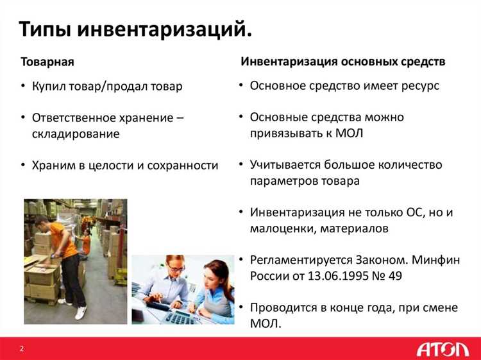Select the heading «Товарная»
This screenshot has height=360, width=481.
point(47,62)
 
